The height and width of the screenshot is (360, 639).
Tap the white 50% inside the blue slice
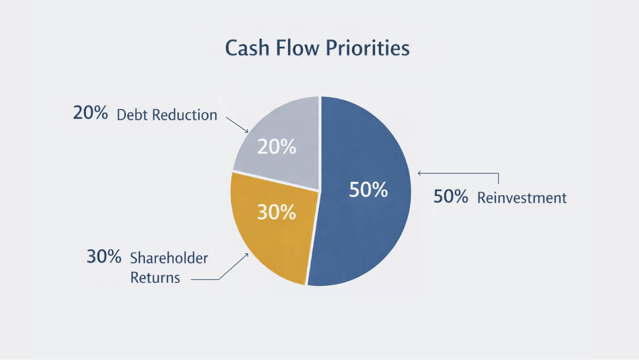(x=368, y=189)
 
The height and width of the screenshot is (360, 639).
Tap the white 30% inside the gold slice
(x=276, y=212)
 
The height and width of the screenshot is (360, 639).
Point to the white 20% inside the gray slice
(x=277, y=147)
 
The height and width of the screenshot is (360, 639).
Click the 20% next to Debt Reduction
(x=90, y=113)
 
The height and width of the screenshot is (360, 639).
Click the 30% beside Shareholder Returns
(x=104, y=257)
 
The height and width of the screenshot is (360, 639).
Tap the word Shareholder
(x=169, y=258)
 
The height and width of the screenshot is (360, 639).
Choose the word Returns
(x=155, y=277)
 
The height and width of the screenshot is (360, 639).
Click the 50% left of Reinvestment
(x=451, y=196)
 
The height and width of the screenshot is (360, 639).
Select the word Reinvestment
(x=522, y=198)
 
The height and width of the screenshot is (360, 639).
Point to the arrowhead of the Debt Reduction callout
(x=247, y=132)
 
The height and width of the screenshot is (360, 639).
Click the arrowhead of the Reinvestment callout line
(x=419, y=173)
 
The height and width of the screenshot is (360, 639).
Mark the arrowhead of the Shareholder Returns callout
(x=247, y=255)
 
